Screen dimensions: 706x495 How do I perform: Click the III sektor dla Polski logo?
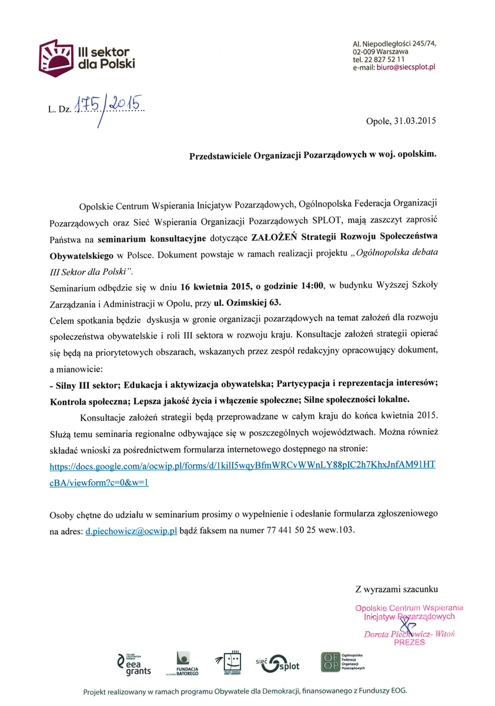86,57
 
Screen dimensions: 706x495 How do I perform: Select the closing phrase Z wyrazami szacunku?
396,588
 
